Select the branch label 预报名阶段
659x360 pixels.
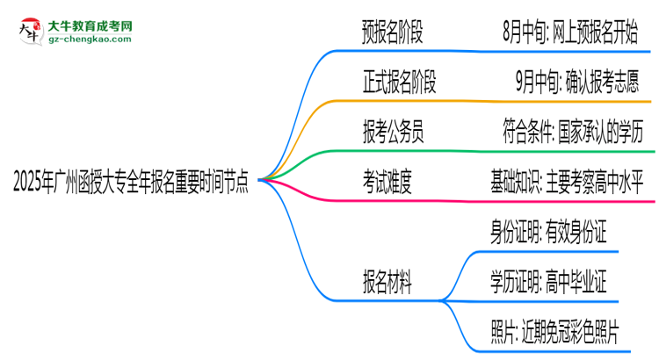click(x=392, y=34)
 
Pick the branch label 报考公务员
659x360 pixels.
click(x=392, y=133)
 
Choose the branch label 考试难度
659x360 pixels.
click(x=383, y=183)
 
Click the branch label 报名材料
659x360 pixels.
click(x=383, y=282)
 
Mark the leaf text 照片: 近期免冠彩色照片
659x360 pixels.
click(x=555, y=331)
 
